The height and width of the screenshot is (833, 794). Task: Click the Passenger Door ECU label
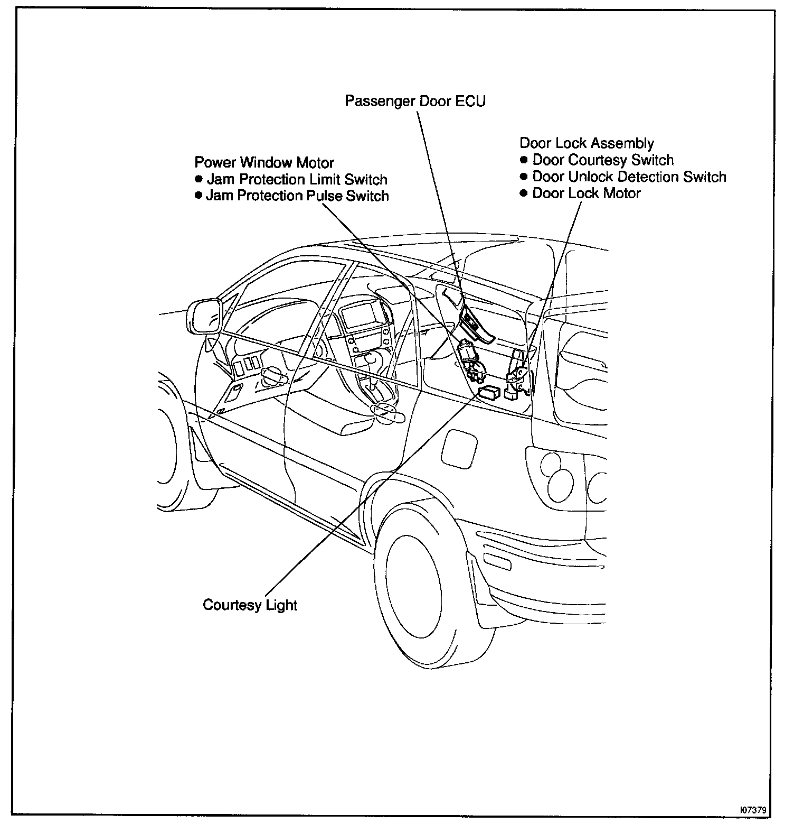point(415,101)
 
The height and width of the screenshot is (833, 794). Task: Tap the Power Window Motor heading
point(264,162)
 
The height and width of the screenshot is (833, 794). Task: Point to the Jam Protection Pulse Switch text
point(297,196)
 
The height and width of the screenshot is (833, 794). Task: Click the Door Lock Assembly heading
point(587,143)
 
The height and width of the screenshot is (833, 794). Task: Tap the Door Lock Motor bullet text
point(586,193)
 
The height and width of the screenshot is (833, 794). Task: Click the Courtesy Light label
point(250,605)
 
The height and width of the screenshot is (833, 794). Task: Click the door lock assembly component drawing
point(516,376)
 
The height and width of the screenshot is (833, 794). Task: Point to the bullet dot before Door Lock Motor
point(524,193)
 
